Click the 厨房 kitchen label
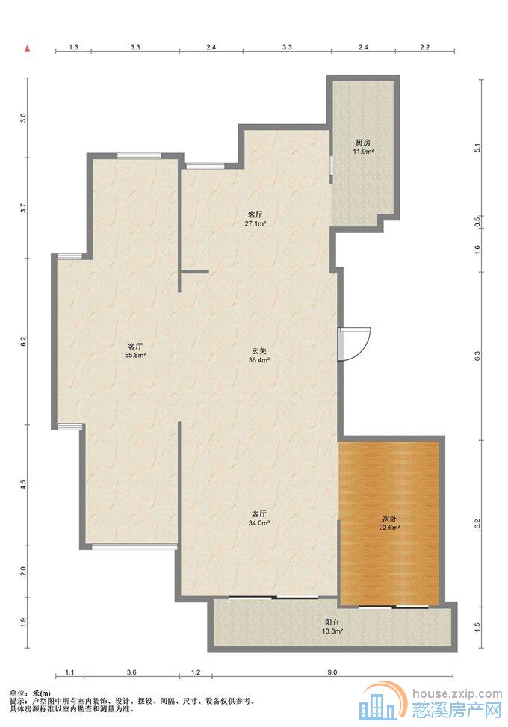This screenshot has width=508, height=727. click(363, 143)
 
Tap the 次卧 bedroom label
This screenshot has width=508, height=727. click(389, 519)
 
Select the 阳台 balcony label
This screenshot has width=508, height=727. click(332, 623)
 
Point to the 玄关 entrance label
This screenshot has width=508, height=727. click(259, 351)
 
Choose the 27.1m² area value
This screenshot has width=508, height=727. click(255, 223)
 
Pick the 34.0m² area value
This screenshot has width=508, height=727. click(259, 522)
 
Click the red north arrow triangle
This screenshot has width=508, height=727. click(28, 47)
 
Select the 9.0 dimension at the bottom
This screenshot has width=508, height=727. click(332, 672)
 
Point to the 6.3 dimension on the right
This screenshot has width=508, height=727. click(477, 356)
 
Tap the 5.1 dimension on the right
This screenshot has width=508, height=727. click(477, 149)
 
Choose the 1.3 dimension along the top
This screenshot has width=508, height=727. click(73, 47)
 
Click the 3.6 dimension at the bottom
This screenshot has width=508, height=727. click(131, 672)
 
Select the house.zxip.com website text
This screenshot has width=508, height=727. click(456, 693)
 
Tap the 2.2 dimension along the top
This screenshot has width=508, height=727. click(424, 47)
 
